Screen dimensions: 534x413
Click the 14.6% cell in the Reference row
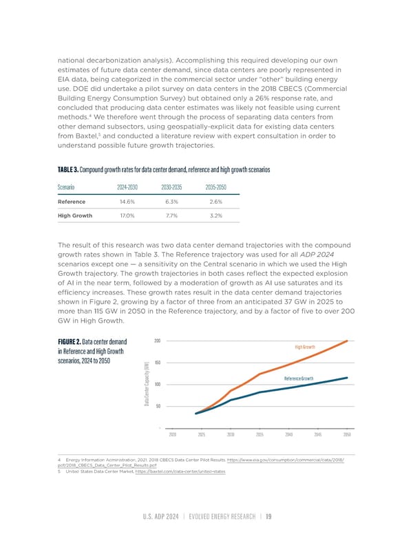click(127, 202)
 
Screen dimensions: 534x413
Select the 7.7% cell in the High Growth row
click(171, 215)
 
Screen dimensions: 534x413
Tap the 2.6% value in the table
click(214, 202)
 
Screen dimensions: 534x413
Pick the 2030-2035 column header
click(173, 186)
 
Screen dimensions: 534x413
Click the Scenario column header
click(68, 186)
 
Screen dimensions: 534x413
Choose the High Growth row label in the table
click(74, 215)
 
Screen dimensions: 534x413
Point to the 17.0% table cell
click(127, 215)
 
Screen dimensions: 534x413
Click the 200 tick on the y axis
click(158, 341)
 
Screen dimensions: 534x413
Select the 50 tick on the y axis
click(159, 405)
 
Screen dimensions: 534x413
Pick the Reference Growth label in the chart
click(299, 379)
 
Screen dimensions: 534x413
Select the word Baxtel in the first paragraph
click(80, 136)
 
